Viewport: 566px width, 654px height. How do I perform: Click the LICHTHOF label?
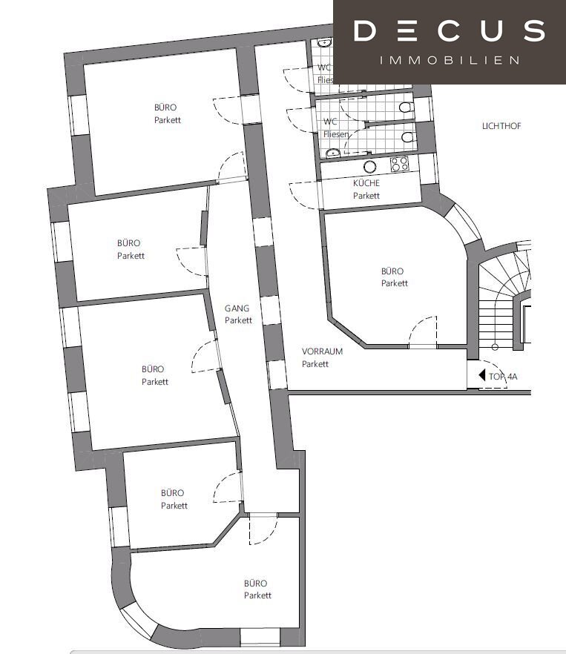(501, 126)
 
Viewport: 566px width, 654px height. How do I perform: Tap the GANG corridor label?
(237, 308)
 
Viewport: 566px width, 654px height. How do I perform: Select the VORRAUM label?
(322, 351)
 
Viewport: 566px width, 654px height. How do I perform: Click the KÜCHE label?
(366, 183)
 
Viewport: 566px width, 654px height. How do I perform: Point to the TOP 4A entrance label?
(503, 377)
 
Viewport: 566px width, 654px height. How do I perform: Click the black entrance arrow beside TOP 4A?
(481, 375)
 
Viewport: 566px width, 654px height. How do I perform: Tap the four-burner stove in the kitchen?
(399, 163)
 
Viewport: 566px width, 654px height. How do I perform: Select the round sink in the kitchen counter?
(370, 167)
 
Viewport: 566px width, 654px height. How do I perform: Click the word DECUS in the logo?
(450, 31)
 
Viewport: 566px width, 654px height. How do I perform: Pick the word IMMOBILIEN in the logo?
(450, 61)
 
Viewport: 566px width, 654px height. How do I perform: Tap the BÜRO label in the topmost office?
(165, 108)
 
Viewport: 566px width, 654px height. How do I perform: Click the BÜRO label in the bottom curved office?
(255, 583)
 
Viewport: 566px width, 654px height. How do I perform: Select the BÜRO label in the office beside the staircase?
(392, 271)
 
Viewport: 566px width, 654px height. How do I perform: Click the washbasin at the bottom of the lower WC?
(332, 153)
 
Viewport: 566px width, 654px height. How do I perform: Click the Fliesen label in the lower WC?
(336, 134)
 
